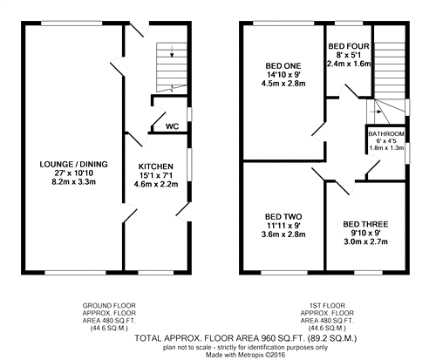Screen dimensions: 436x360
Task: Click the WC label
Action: (x=172, y=126)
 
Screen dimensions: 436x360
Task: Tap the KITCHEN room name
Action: (x=156, y=166)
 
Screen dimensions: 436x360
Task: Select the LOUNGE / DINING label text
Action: (x=73, y=165)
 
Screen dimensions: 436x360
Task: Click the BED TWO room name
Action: (x=283, y=217)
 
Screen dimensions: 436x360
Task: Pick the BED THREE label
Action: (x=365, y=224)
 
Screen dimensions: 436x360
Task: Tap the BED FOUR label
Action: (x=349, y=46)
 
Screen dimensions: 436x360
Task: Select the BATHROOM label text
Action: (x=386, y=134)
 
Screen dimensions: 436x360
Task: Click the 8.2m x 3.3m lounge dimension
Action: (x=73, y=182)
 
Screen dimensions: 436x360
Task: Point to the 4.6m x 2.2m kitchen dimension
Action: (x=156, y=184)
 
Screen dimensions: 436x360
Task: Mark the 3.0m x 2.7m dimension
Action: (x=365, y=241)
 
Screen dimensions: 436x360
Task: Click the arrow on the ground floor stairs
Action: (x=172, y=51)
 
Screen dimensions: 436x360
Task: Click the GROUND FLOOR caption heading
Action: (x=109, y=306)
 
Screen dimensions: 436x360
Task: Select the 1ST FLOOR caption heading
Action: (x=327, y=306)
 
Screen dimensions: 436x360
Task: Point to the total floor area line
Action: (x=246, y=338)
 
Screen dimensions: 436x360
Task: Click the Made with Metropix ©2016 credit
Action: (x=246, y=355)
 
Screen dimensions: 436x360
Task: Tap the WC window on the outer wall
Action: (x=189, y=114)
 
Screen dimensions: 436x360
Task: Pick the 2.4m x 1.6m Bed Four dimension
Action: (x=349, y=64)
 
